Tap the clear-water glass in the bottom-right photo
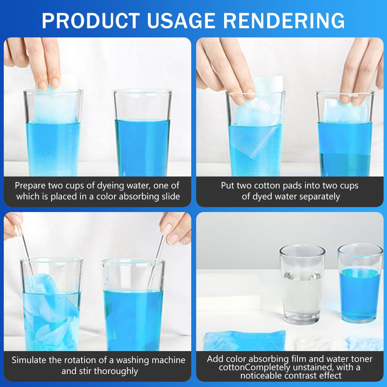pyautogui.click(x=302, y=284)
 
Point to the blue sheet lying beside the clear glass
pyautogui.click(x=245, y=341)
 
